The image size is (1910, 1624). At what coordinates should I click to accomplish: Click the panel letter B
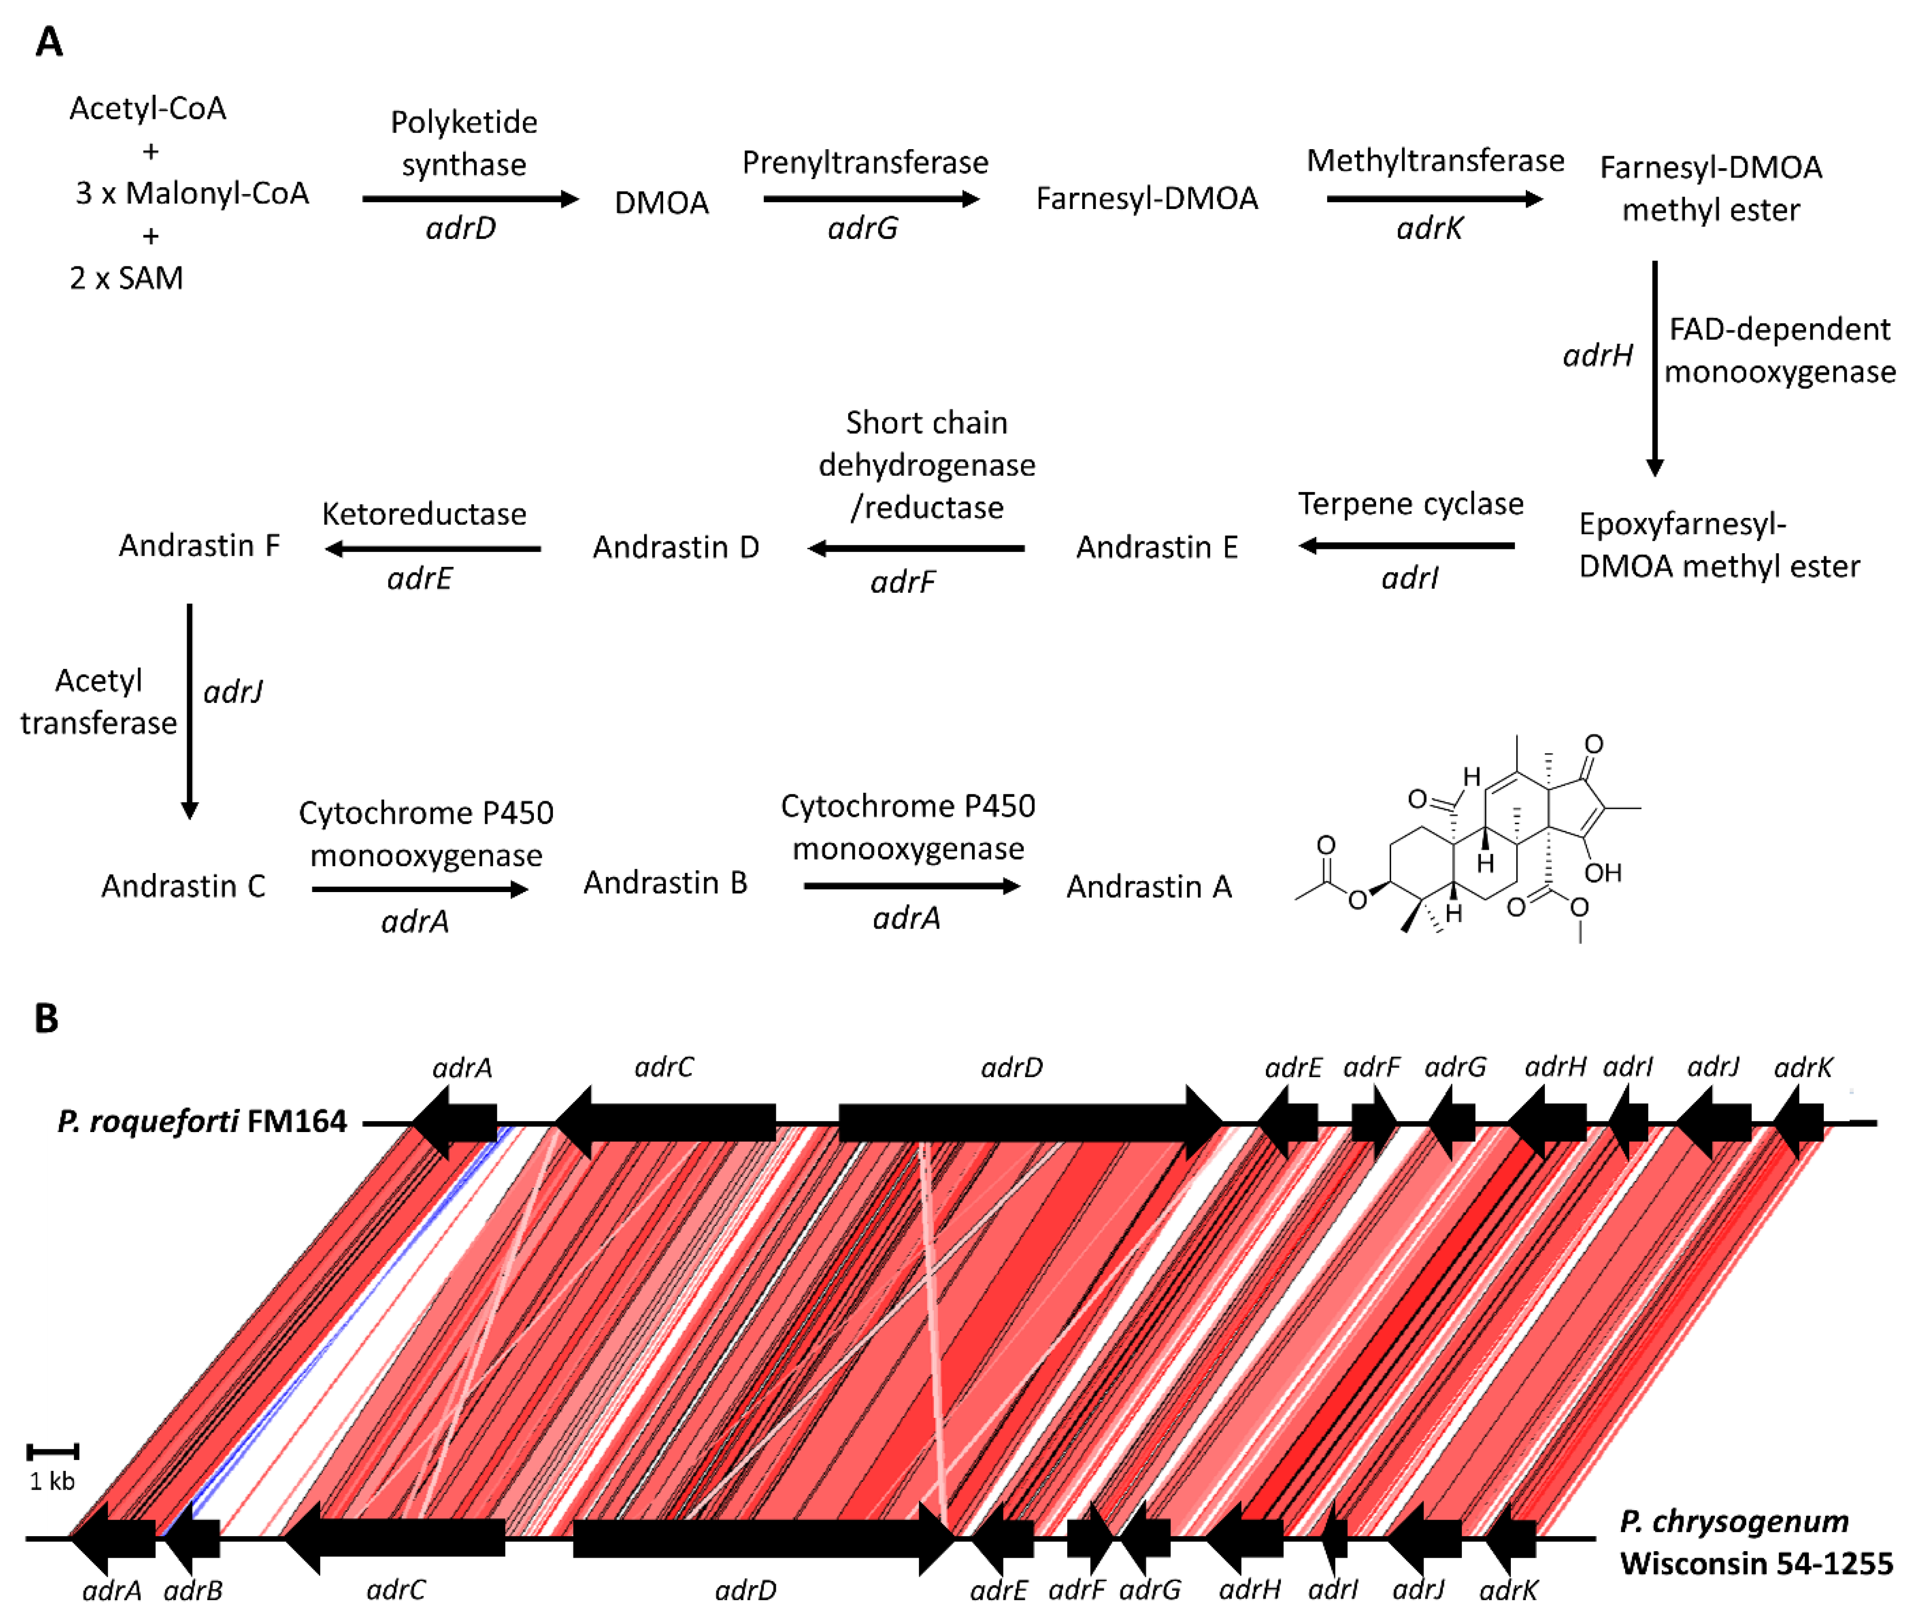click(x=46, y=1019)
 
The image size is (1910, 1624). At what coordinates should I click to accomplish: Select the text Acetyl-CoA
click(x=147, y=109)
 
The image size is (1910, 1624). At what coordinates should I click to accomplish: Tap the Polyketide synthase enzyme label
click(x=464, y=143)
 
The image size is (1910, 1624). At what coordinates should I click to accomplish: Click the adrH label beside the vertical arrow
click(x=1597, y=355)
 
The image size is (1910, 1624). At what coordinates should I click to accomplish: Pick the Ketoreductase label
click(x=424, y=514)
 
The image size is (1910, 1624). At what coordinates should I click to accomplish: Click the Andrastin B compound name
click(x=665, y=883)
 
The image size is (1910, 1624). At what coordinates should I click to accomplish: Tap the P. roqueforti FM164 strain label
click(x=202, y=1122)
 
